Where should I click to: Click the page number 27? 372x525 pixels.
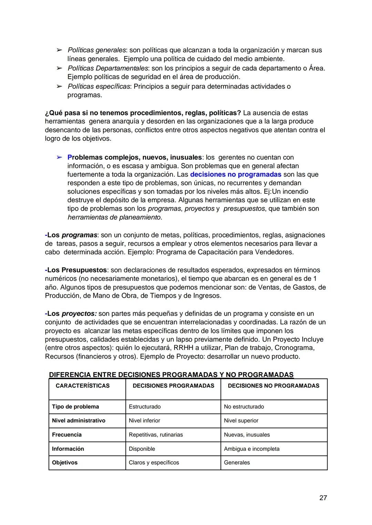pos(323,497)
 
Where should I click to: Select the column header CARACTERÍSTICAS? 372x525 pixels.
pos(83,386)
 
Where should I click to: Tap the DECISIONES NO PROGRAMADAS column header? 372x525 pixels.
pos(273,386)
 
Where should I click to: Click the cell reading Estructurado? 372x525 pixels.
pos(145,407)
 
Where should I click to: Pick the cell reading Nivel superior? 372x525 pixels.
pos(241,420)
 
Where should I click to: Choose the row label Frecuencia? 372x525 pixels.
pos(67,435)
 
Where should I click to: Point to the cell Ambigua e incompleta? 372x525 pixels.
pos(252,449)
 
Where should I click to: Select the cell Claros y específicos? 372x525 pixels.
pos(154,462)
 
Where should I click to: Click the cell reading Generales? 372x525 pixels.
pos(237,462)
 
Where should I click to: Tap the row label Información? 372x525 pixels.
pos(68,449)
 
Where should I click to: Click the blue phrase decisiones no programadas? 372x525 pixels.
pos(236,174)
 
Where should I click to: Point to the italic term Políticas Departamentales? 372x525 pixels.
pos(108,68)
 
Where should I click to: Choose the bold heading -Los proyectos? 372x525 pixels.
pos(71,314)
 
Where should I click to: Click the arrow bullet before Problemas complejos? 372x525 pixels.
pos(59,158)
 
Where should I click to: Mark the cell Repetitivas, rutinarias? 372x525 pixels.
pos(156,435)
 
